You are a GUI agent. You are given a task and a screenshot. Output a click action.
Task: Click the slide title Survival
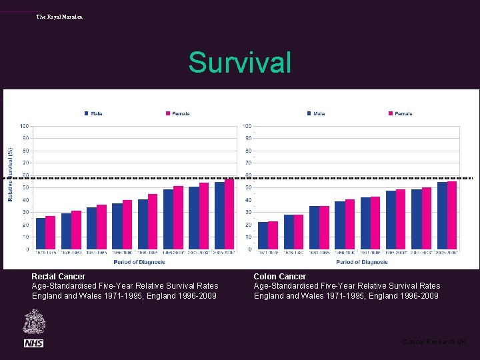[240, 63]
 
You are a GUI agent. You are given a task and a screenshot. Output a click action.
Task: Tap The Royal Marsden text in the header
[59, 17]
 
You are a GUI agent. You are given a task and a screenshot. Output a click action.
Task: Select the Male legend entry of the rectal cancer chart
[93, 113]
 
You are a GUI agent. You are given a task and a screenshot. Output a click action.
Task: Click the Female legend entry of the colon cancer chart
[400, 113]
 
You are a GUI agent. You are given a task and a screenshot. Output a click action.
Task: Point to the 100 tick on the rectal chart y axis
[24, 126]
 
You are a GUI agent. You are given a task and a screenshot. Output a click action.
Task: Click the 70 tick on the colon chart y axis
[247, 163]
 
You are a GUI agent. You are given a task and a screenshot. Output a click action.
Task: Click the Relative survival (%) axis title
[11, 174]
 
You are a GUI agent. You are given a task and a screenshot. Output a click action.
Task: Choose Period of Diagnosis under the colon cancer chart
[361, 262]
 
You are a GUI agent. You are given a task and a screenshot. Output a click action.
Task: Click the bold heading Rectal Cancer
[59, 276]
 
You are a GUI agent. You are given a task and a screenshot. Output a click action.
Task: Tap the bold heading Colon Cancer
[280, 276]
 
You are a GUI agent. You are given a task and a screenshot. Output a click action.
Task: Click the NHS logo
[33, 343]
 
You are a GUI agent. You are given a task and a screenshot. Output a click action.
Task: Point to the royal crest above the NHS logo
[33, 323]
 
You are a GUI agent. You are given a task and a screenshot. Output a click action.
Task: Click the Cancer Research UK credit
[434, 342]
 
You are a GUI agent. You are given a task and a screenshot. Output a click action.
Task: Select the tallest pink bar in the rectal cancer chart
[229, 214]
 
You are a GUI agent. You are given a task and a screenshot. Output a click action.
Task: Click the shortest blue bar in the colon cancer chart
[263, 235]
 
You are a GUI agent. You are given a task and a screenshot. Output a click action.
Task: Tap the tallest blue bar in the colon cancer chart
[442, 215]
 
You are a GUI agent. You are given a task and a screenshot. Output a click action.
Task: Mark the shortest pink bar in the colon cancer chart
[273, 235]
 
